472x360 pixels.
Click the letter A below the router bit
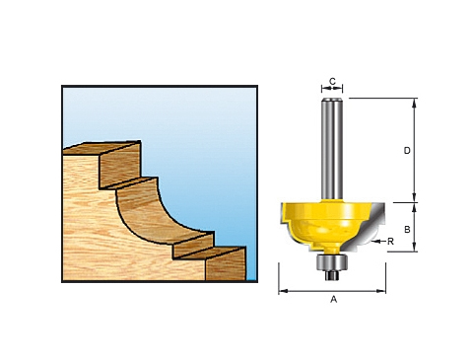(x=332, y=299)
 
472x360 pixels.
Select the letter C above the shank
(x=332, y=81)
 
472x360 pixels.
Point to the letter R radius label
(x=391, y=241)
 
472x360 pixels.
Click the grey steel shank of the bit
(x=331, y=148)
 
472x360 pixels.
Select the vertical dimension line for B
(x=414, y=227)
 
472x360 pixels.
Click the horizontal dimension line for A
(x=332, y=291)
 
